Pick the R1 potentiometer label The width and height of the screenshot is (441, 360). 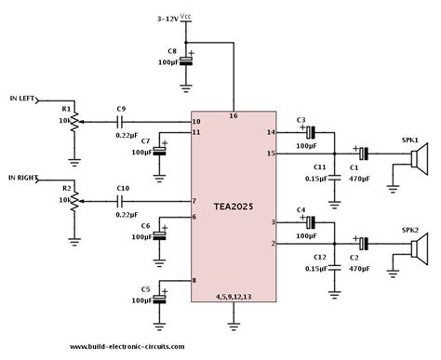pos(64,110)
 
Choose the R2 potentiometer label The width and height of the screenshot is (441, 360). pos(64,188)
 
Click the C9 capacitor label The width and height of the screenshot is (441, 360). pos(122,110)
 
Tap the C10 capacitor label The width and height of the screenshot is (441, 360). pos(123,189)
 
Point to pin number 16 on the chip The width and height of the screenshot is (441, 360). pos(233,115)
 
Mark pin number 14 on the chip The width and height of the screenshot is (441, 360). pos(273,133)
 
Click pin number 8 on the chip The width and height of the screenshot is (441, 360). pos(194,280)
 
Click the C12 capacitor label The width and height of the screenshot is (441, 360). pos(319,257)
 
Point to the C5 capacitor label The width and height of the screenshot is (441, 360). pos(146,289)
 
